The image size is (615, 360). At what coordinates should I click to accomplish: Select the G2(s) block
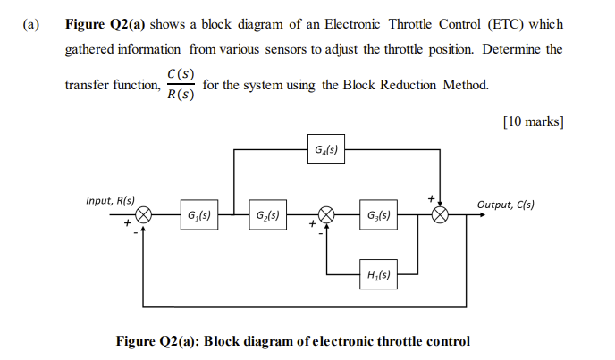point(265,215)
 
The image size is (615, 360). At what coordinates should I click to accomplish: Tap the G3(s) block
point(377,215)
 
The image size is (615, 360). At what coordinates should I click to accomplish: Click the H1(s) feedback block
point(377,272)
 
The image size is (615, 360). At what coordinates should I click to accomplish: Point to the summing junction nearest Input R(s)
point(142,215)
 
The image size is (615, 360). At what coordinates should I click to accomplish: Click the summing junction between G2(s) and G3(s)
point(327,215)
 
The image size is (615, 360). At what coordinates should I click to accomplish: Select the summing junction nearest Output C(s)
point(440,215)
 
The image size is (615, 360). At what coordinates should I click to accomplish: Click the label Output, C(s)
point(506,205)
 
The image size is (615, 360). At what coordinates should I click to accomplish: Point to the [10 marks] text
point(533,118)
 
